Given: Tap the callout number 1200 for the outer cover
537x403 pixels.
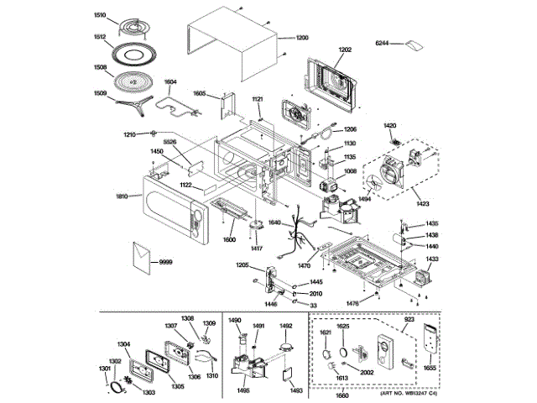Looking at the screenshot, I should tap(302, 38).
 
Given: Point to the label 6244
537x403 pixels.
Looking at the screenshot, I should tap(383, 42).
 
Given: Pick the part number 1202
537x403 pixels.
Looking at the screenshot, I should tap(345, 50).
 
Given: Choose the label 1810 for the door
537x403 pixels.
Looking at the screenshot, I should tap(122, 196).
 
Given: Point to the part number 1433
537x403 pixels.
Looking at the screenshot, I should tap(431, 259).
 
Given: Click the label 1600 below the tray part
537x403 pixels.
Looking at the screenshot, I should tap(228, 240).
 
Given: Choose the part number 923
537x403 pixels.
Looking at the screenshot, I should tap(409, 322).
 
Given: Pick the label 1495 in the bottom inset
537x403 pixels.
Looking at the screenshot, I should tap(242, 390).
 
